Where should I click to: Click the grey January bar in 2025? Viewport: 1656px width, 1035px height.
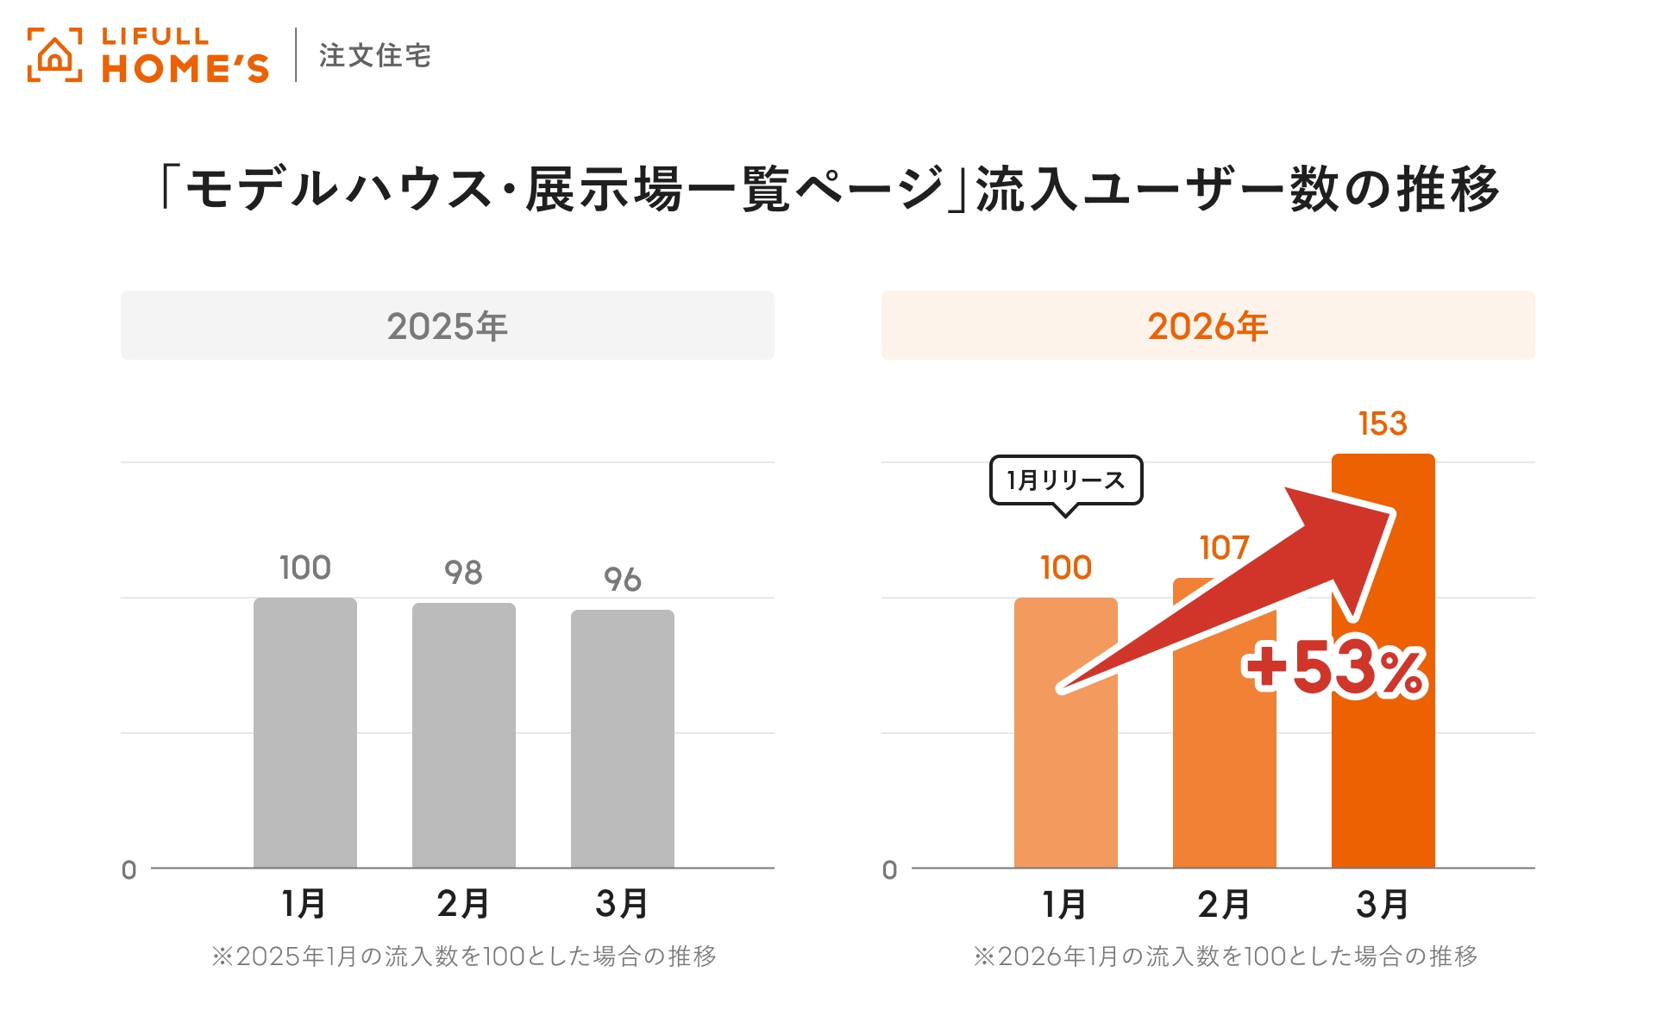(x=304, y=733)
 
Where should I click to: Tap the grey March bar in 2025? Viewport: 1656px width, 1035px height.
(x=622, y=739)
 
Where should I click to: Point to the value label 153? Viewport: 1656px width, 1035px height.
(x=1383, y=423)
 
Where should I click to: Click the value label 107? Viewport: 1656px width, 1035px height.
(x=1224, y=548)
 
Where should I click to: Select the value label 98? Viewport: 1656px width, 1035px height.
(x=463, y=573)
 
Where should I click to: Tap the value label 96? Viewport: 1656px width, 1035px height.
(x=622, y=580)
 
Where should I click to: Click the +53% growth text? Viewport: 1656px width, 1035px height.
(x=1334, y=669)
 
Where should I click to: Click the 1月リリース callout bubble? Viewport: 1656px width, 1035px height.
(x=1065, y=480)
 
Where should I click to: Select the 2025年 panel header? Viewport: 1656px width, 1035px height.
(x=447, y=326)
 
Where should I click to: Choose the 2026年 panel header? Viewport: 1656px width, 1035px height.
(x=1207, y=326)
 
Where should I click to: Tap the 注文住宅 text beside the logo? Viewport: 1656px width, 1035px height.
(x=374, y=56)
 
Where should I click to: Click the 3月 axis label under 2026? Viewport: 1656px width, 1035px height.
(x=1383, y=904)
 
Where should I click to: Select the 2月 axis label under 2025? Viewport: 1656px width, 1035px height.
(x=463, y=904)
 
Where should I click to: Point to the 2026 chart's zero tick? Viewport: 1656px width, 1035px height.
(x=889, y=870)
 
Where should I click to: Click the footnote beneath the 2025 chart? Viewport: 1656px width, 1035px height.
(x=464, y=956)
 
